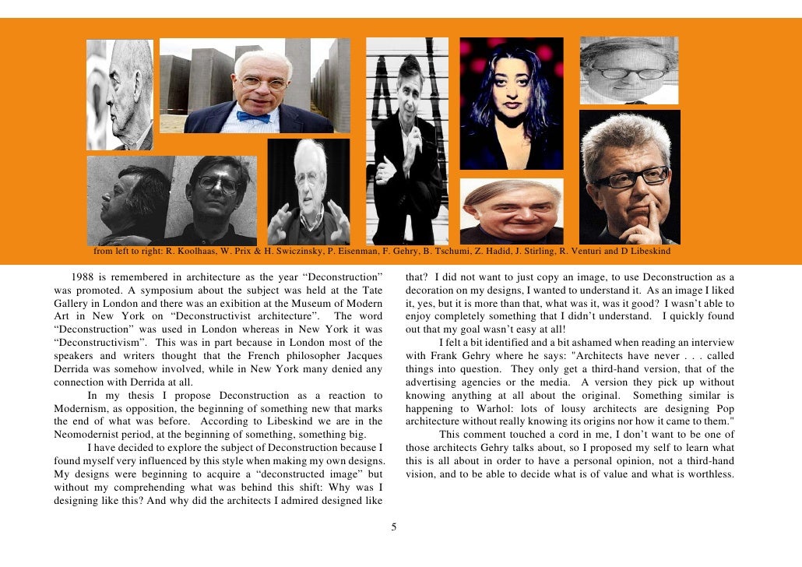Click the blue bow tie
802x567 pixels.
(255, 117)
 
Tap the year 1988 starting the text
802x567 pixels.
(83, 277)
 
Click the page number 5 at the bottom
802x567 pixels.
(394, 527)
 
